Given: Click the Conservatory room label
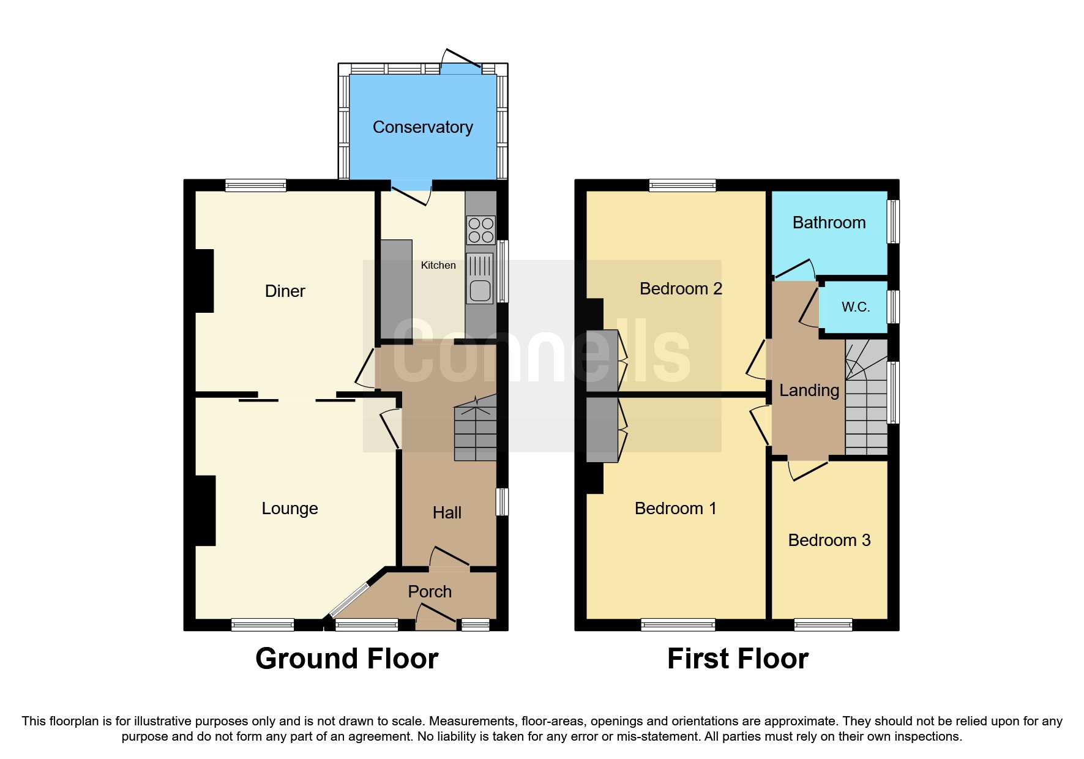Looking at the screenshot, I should pyautogui.click(x=422, y=127).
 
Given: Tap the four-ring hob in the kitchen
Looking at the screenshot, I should pyautogui.click(x=480, y=230).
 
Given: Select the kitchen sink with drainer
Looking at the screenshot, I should pyautogui.click(x=480, y=279).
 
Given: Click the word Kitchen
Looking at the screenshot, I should pyautogui.click(x=438, y=265).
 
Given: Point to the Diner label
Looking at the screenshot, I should pyautogui.click(x=285, y=291).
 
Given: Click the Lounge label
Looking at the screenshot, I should pyautogui.click(x=290, y=509).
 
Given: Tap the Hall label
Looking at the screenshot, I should pyautogui.click(x=447, y=513).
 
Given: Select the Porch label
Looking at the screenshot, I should pyautogui.click(x=430, y=592).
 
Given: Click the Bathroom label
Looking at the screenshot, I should pyautogui.click(x=829, y=223).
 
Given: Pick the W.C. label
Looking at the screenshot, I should pyautogui.click(x=855, y=307).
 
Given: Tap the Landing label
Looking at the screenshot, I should pyautogui.click(x=809, y=391).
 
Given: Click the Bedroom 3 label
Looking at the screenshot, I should pyautogui.click(x=829, y=540).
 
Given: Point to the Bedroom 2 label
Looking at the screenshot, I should pyautogui.click(x=681, y=289).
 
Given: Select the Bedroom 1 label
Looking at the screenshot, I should pyautogui.click(x=675, y=509).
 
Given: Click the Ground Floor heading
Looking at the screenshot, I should pyautogui.click(x=346, y=659).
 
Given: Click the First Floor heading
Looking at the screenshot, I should pyautogui.click(x=738, y=659).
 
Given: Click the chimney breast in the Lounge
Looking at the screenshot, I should pyautogui.click(x=205, y=510).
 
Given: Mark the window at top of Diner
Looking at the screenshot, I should pyautogui.click(x=255, y=185).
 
